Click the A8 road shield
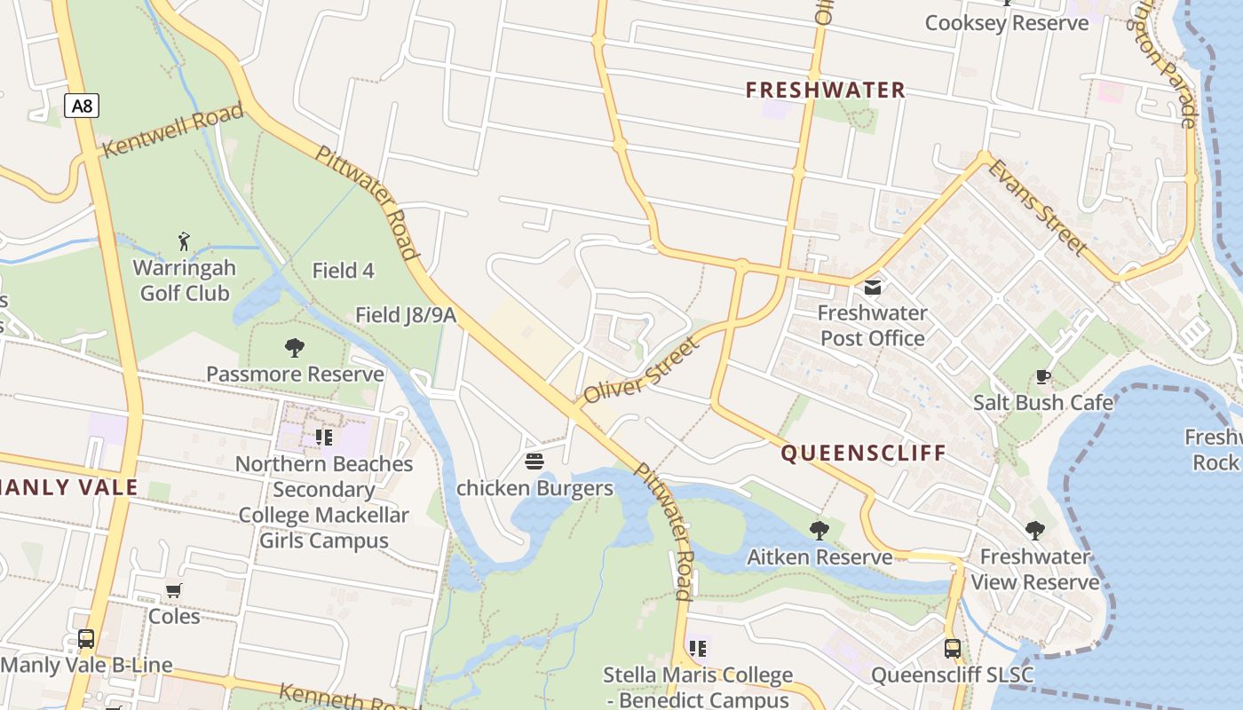(82, 106)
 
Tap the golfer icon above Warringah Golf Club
(184, 241)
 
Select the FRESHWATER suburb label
(825, 90)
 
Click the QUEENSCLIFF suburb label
(864, 454)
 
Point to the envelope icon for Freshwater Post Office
(873, 288)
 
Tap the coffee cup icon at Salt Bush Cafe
(1043, 377)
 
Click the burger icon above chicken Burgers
(534, 461)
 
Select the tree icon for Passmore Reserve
(295, 348)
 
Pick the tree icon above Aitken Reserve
(819, 531)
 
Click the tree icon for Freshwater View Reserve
(1034, 531)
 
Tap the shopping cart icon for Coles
(174, 590)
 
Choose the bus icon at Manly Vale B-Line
(86, 639)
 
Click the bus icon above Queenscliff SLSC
(953, 649)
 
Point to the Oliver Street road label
(642, 369)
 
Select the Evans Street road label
(1038, 207)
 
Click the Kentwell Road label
(172, 130)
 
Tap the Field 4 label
(344, 271)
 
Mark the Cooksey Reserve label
(1006, 23)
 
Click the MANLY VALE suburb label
(69, 487)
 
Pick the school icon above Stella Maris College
(698, 649)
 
